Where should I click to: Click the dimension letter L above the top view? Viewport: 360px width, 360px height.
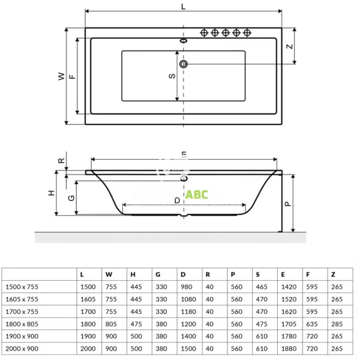tap(183, 6)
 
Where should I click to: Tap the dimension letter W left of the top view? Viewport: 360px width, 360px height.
tap(60, 76)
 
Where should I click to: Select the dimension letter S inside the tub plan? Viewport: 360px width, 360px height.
tap(172, 76)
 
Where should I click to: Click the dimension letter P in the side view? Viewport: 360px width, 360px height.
tap(287, 203)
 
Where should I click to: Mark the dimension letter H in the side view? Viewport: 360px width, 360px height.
tap(52, 193)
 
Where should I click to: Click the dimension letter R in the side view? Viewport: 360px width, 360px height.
tap(60, 161)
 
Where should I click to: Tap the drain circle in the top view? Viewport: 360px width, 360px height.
tap(184, 64)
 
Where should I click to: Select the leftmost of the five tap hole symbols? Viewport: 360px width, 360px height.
tap(205, 32)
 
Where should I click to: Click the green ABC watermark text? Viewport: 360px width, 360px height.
tap(197, 194)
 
